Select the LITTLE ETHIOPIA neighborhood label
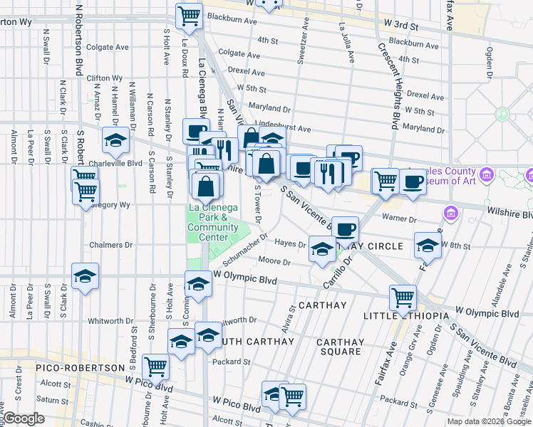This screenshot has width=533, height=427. coord(406,316)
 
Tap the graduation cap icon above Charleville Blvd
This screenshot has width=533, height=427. coord(115,142)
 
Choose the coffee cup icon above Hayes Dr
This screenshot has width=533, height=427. coord(346,230)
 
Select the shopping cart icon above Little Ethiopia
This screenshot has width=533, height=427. coord(403,297)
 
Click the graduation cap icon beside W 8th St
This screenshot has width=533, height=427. coord(428,246)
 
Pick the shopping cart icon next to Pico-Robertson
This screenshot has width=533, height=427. coord(155,367)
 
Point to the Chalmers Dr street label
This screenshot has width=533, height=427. coord(110,245)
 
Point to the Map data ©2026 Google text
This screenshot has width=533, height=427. coord(490,421)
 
